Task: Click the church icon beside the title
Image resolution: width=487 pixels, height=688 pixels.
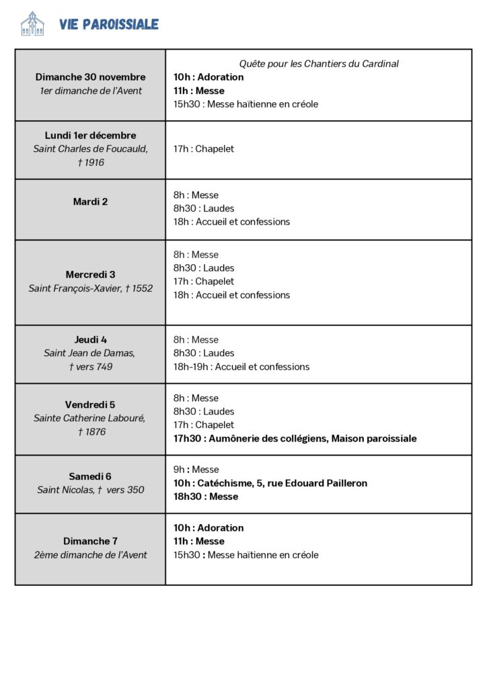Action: click(32, 24)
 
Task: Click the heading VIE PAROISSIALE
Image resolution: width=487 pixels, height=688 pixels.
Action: click(109, 25)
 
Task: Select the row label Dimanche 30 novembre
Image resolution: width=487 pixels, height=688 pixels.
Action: click(90, 77)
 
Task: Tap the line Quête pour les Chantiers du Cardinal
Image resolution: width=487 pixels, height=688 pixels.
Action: click(319, 64)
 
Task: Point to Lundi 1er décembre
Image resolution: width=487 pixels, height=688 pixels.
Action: click(90, 135)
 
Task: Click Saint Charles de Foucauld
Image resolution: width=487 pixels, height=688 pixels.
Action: click(90, 148)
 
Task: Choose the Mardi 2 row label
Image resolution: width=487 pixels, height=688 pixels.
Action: click(90, 202)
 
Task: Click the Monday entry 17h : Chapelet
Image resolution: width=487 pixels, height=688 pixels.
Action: click(204, 148)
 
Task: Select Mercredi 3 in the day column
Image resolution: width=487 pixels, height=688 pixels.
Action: click(90, 274)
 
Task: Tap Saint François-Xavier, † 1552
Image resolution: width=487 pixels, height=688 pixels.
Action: click(90, 288)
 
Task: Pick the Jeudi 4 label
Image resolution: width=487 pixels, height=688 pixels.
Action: click(90, 339)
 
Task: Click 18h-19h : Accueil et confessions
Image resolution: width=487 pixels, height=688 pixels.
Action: click(241, 367)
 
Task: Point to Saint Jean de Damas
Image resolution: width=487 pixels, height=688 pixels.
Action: click(90, 353)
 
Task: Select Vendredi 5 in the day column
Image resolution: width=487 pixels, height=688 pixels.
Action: click(90, 404)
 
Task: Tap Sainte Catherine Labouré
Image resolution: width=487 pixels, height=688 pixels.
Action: click(90, 418)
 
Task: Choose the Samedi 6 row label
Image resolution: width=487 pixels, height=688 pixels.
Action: click(90, 476)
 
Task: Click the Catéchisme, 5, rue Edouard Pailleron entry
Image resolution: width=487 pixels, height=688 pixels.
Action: click(270, 483)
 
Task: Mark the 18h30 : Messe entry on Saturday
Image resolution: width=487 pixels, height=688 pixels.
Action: click(206, 497)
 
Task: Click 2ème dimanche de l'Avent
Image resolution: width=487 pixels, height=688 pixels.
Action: click(90, 555)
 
